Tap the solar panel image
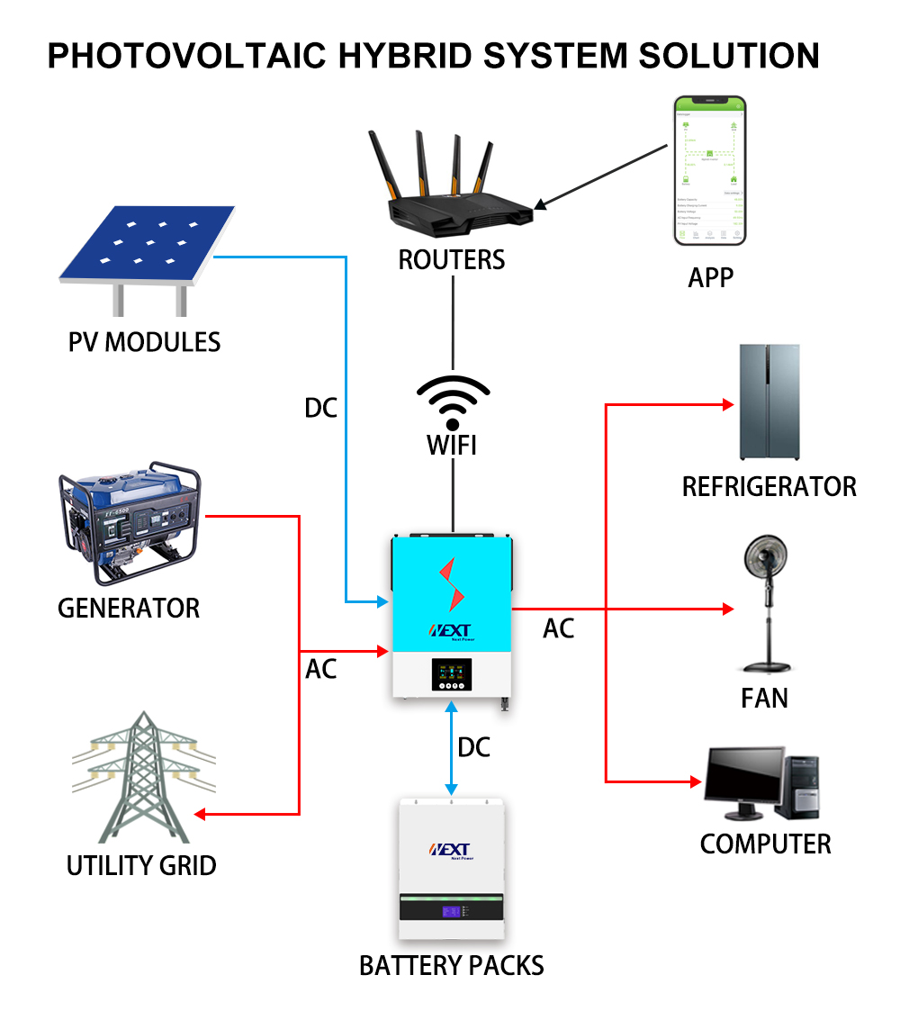(148, 243)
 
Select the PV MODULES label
(144, 342)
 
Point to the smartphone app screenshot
(710, 171)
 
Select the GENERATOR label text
(129, 608)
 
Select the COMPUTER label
(765, 844)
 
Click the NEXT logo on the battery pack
(452, 850)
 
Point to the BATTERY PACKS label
(452, 966)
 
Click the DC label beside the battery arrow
(474, 747)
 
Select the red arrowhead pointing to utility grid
(200, 815)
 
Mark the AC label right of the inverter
(558, 628)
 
